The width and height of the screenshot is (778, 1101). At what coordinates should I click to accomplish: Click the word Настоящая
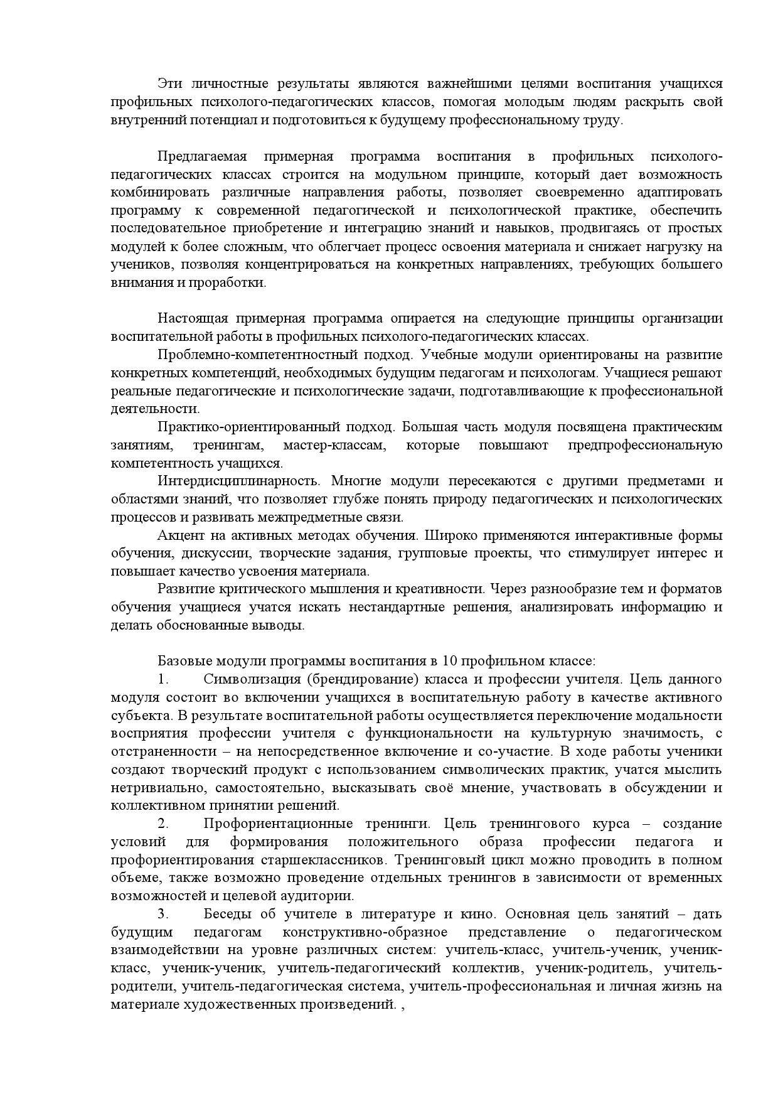point(187,318)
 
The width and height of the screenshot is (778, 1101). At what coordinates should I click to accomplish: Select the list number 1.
point(164,679)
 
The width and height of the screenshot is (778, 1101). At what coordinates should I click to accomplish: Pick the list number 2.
point(164,823)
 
